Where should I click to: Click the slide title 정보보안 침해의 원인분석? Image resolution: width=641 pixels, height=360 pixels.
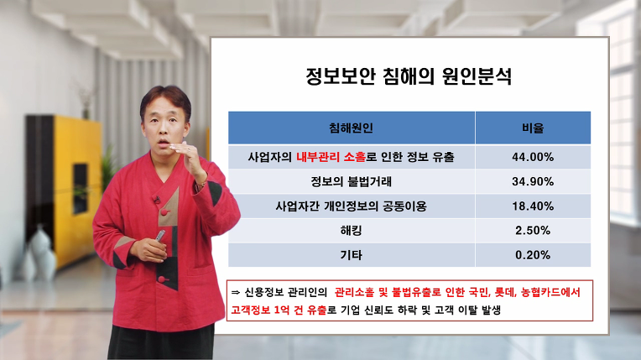pyautogui.click(x=409, y=76)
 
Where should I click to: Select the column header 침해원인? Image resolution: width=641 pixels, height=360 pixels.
pyautogui.click(x=351, y=128)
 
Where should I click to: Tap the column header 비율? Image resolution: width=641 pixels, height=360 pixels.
pyautogui.click(x=533, y=128)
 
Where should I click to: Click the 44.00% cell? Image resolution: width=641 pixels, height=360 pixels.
pyautogui.click(x=533, y=157)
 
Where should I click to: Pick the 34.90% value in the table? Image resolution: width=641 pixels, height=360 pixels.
pyautogui.click(x=533, y=181)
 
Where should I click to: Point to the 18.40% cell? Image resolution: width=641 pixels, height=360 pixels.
pyautogui.click(x=533, y=206)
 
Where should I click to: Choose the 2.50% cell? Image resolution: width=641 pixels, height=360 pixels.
pyautogui.click(x=533, y=230)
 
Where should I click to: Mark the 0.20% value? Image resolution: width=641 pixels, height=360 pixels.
pyautogui.click(x=533, y=255)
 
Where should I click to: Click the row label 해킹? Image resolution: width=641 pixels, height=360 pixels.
pyautogui.click(x=351, y=230)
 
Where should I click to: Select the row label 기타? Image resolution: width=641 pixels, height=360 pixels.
pyautogui.click(x=351, y=255)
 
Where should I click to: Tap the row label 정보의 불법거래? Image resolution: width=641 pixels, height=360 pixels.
pyautogui.click(x=351, y=181)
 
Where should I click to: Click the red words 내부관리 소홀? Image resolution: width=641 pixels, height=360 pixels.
pyautogui.click(x=331, y=157)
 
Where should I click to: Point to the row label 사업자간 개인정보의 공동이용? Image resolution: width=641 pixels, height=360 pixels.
pyautogui.click(x=351, y=206)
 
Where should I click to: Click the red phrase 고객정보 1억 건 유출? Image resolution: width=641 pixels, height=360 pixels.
pyautogui.click(x=279, y=310)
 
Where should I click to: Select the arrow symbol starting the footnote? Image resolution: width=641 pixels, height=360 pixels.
pyautogui.click(x=236, y=292)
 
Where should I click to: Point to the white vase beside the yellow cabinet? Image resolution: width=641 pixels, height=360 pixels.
pyautogui.click(x=42, y=253)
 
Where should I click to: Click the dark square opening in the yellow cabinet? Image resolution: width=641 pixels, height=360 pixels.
pyautogui.click(x=81, y=189)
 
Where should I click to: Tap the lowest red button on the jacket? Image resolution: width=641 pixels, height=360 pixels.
pyautogui.click(x=162, y=279)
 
